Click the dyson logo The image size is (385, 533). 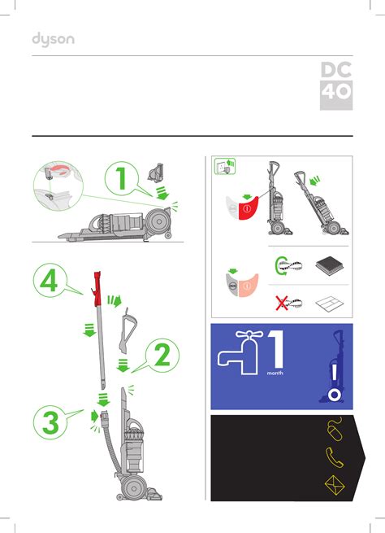tap(54, 40)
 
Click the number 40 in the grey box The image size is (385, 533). tap(336, 92)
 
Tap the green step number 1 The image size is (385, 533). tap(121, 178)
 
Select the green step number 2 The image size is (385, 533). tap(162, 355)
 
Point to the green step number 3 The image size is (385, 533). tap(50, 422)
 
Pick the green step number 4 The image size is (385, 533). tap(49, 280)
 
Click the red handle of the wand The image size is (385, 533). tap(97, 288)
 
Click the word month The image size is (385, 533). tap(275, 373)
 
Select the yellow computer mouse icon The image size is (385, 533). tap(335, 428)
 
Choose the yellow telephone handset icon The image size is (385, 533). tap(334, 457)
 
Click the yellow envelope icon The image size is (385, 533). tap(335, 486)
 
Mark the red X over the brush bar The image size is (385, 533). tap(282, 303)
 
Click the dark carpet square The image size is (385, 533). tap(330, 265)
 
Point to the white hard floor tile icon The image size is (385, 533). tap(330, 304)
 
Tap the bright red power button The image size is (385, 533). tap(248, 208)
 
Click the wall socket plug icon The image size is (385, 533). tap(225, 166)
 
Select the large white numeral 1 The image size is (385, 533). tap(276, 349)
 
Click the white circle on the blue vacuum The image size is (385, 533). tap(335, 395)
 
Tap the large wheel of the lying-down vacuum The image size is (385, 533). tap(158, 221)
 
